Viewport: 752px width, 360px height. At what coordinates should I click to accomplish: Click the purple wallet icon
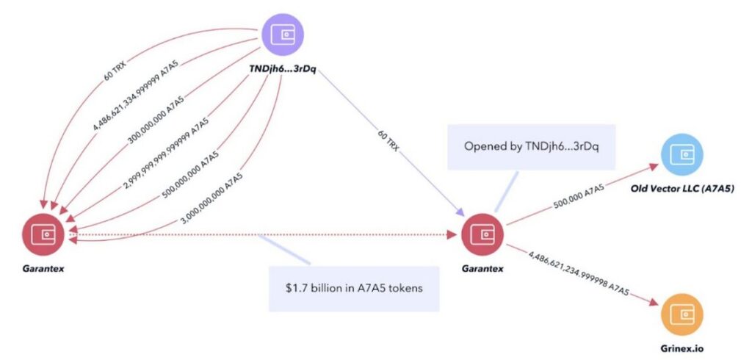click(283, 35)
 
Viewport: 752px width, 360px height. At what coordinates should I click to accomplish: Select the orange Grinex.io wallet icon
click(682, 312)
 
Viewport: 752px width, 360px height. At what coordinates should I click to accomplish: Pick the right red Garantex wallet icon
click(482, 234)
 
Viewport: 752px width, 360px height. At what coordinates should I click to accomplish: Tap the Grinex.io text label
click(682, 346)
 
